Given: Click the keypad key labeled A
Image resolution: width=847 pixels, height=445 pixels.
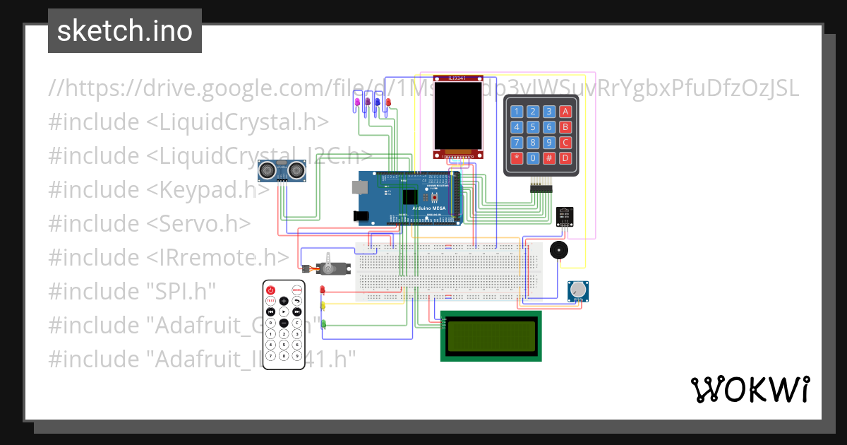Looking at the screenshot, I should (565, 111).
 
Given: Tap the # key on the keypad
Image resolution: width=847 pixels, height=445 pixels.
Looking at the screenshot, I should (549, 158).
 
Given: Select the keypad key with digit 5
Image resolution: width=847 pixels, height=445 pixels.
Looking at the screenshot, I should (533, 127).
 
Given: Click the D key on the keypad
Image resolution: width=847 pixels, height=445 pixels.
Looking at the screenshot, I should (565, 158).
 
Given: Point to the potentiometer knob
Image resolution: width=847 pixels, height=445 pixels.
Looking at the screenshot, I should (578, 290).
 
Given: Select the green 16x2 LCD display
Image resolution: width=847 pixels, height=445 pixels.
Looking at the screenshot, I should (491, 336).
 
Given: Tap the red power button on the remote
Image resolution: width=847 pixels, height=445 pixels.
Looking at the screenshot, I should (270, 290).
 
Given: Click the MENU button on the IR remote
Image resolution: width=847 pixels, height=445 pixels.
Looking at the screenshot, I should (297, 290).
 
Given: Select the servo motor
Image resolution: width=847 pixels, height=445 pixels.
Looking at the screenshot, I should (329, 268).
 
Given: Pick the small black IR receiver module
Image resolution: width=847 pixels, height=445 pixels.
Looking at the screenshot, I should (565, 215).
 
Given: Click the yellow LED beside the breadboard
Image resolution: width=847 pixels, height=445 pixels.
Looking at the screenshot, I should (323, 307).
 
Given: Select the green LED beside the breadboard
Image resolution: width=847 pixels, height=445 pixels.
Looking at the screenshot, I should (323, 324).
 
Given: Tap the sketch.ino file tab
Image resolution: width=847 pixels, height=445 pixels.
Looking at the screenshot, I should (125, 31).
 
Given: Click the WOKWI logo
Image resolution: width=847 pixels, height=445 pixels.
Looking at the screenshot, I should (750, 389).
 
